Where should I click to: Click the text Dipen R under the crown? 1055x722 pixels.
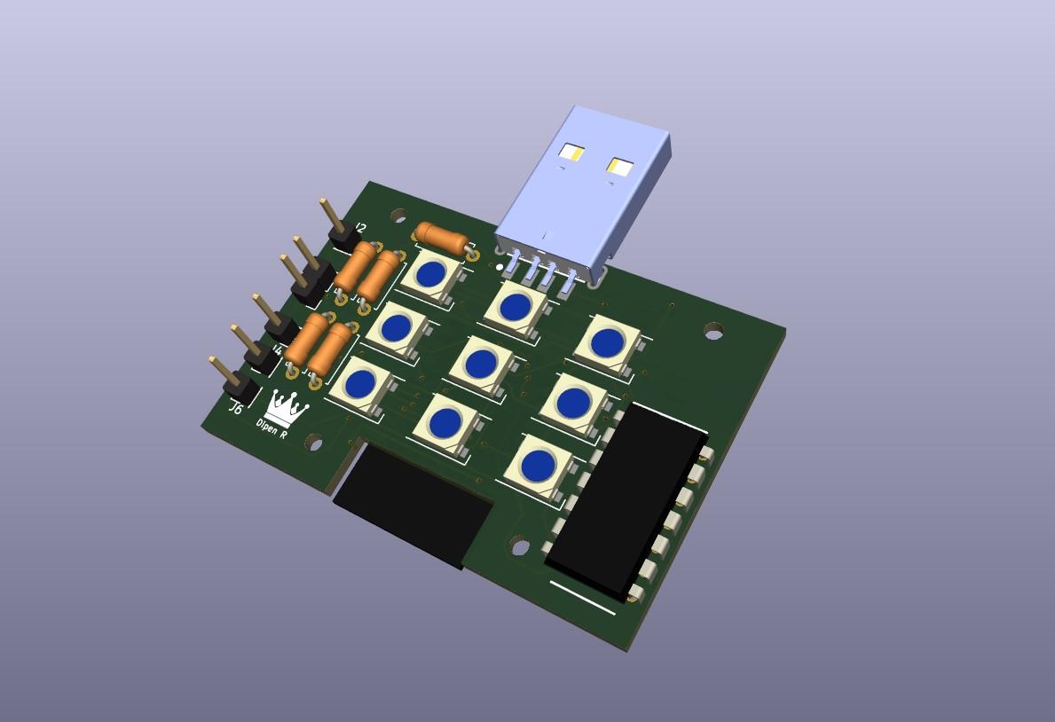(272, 428)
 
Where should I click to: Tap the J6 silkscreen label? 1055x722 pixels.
(235, 409)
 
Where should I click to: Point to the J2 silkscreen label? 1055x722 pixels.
(359, 228)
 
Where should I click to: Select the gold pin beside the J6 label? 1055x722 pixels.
(222, 373)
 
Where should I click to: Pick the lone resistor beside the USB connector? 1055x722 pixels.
(441, 238)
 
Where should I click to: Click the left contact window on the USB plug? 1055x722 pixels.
(572, 153)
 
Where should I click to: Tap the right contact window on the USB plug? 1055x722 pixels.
(619, 167)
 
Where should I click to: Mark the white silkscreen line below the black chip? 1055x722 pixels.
(582, 597)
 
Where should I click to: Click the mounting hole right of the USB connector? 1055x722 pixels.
(713, 332)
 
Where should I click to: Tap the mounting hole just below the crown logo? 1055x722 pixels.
(315, 442)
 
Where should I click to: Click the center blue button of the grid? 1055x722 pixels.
(481, 363)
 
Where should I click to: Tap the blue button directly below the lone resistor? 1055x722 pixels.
(430, 274)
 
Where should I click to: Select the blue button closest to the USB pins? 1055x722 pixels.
(515, 307)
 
